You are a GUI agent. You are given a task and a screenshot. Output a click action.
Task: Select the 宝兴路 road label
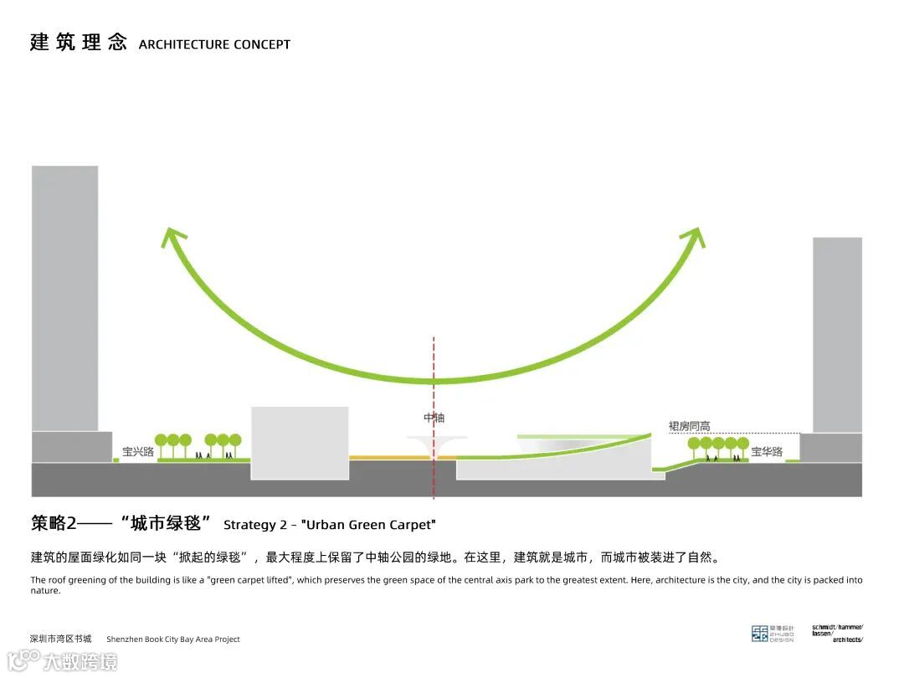point(138,452)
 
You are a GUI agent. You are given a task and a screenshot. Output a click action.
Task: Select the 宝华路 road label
point(766,452)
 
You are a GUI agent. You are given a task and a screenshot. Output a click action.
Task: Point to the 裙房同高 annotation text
point(691,426)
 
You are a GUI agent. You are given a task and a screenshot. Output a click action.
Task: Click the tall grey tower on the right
point(836,335)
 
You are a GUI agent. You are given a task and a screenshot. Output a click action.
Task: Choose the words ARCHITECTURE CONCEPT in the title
point(214,44)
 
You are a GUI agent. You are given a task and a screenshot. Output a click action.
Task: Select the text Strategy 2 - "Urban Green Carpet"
point(330,525)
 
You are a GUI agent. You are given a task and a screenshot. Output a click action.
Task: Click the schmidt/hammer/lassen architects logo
point(837,633)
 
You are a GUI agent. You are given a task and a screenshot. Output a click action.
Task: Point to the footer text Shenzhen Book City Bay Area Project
point(172,639)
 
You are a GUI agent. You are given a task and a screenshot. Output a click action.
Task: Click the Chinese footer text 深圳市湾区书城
point(61,639)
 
